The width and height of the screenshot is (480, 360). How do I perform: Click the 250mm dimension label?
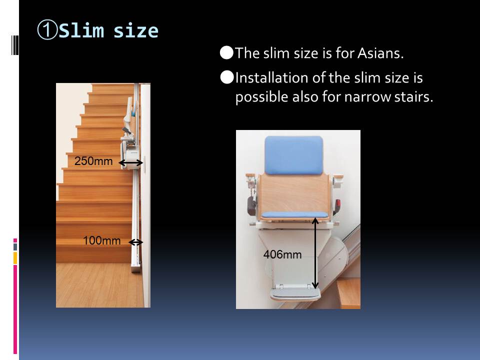pos(93,161)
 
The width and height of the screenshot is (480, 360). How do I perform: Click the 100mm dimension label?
pos(101,240)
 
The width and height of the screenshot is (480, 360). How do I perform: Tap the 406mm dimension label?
pos(282,254)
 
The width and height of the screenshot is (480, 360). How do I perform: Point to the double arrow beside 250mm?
pos(130,163)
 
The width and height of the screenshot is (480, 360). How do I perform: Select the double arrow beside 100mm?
pos(135,242)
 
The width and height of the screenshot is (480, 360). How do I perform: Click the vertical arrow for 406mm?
pos(315,253)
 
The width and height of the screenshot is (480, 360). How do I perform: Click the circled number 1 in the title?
pos(47,30)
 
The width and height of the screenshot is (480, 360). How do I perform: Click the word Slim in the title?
pos(81,30)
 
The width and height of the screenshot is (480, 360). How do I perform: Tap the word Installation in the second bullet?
pos(272,78)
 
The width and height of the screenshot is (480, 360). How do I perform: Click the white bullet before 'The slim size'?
pos(226,52)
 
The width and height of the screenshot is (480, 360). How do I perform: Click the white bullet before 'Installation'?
pos(227,77)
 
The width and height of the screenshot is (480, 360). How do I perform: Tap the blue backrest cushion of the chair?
pos(294,155)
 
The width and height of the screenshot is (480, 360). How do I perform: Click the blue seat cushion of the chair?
pos(294,214)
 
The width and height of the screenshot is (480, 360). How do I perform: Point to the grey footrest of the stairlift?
pos(295,293)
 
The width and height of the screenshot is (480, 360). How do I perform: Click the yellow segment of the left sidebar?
pos(15,258)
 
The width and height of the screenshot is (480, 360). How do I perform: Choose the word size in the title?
pos(136,31)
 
